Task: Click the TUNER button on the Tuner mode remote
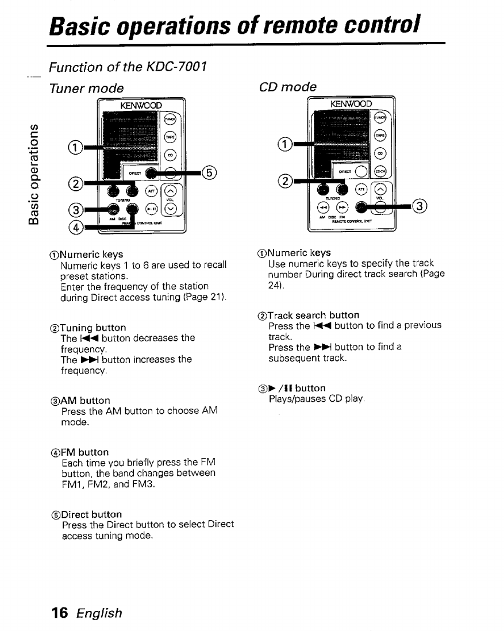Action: click(170, 119)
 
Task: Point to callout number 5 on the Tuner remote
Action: click(209, 172)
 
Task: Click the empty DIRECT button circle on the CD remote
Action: click(361, 172)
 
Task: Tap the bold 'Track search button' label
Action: click(313, 315)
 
